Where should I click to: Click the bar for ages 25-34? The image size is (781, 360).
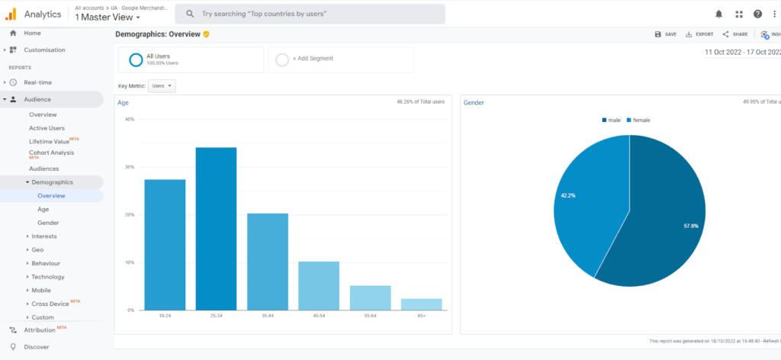(x=216, y=229)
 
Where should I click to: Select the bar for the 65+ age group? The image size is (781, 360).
(x=422, y=304)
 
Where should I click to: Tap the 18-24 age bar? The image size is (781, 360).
(x=165, y=244)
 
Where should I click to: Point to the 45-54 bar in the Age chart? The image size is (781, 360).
(x=319, y=286)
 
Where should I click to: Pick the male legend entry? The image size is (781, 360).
(x=612, y=121)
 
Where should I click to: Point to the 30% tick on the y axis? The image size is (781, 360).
(x=130, y=167)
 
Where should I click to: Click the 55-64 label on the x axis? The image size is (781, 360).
(x=370, y=315)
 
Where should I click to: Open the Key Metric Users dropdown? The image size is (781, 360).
(x=162, y=86)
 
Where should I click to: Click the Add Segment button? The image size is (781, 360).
(x=313, y=59)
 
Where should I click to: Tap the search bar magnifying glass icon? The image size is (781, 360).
(x=188, y=14)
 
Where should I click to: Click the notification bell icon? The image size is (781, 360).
(x=718, y=14)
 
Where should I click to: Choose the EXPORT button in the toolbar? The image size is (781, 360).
(x=699, y=34)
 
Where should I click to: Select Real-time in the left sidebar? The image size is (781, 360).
(x=38, y=82)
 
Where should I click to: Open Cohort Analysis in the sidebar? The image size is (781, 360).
(x=51, y=153)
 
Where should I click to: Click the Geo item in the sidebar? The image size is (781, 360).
(x=37, y=249)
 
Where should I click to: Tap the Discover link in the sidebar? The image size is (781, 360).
(x=37, y=347)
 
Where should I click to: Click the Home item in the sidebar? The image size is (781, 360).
(x=32, y=33)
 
